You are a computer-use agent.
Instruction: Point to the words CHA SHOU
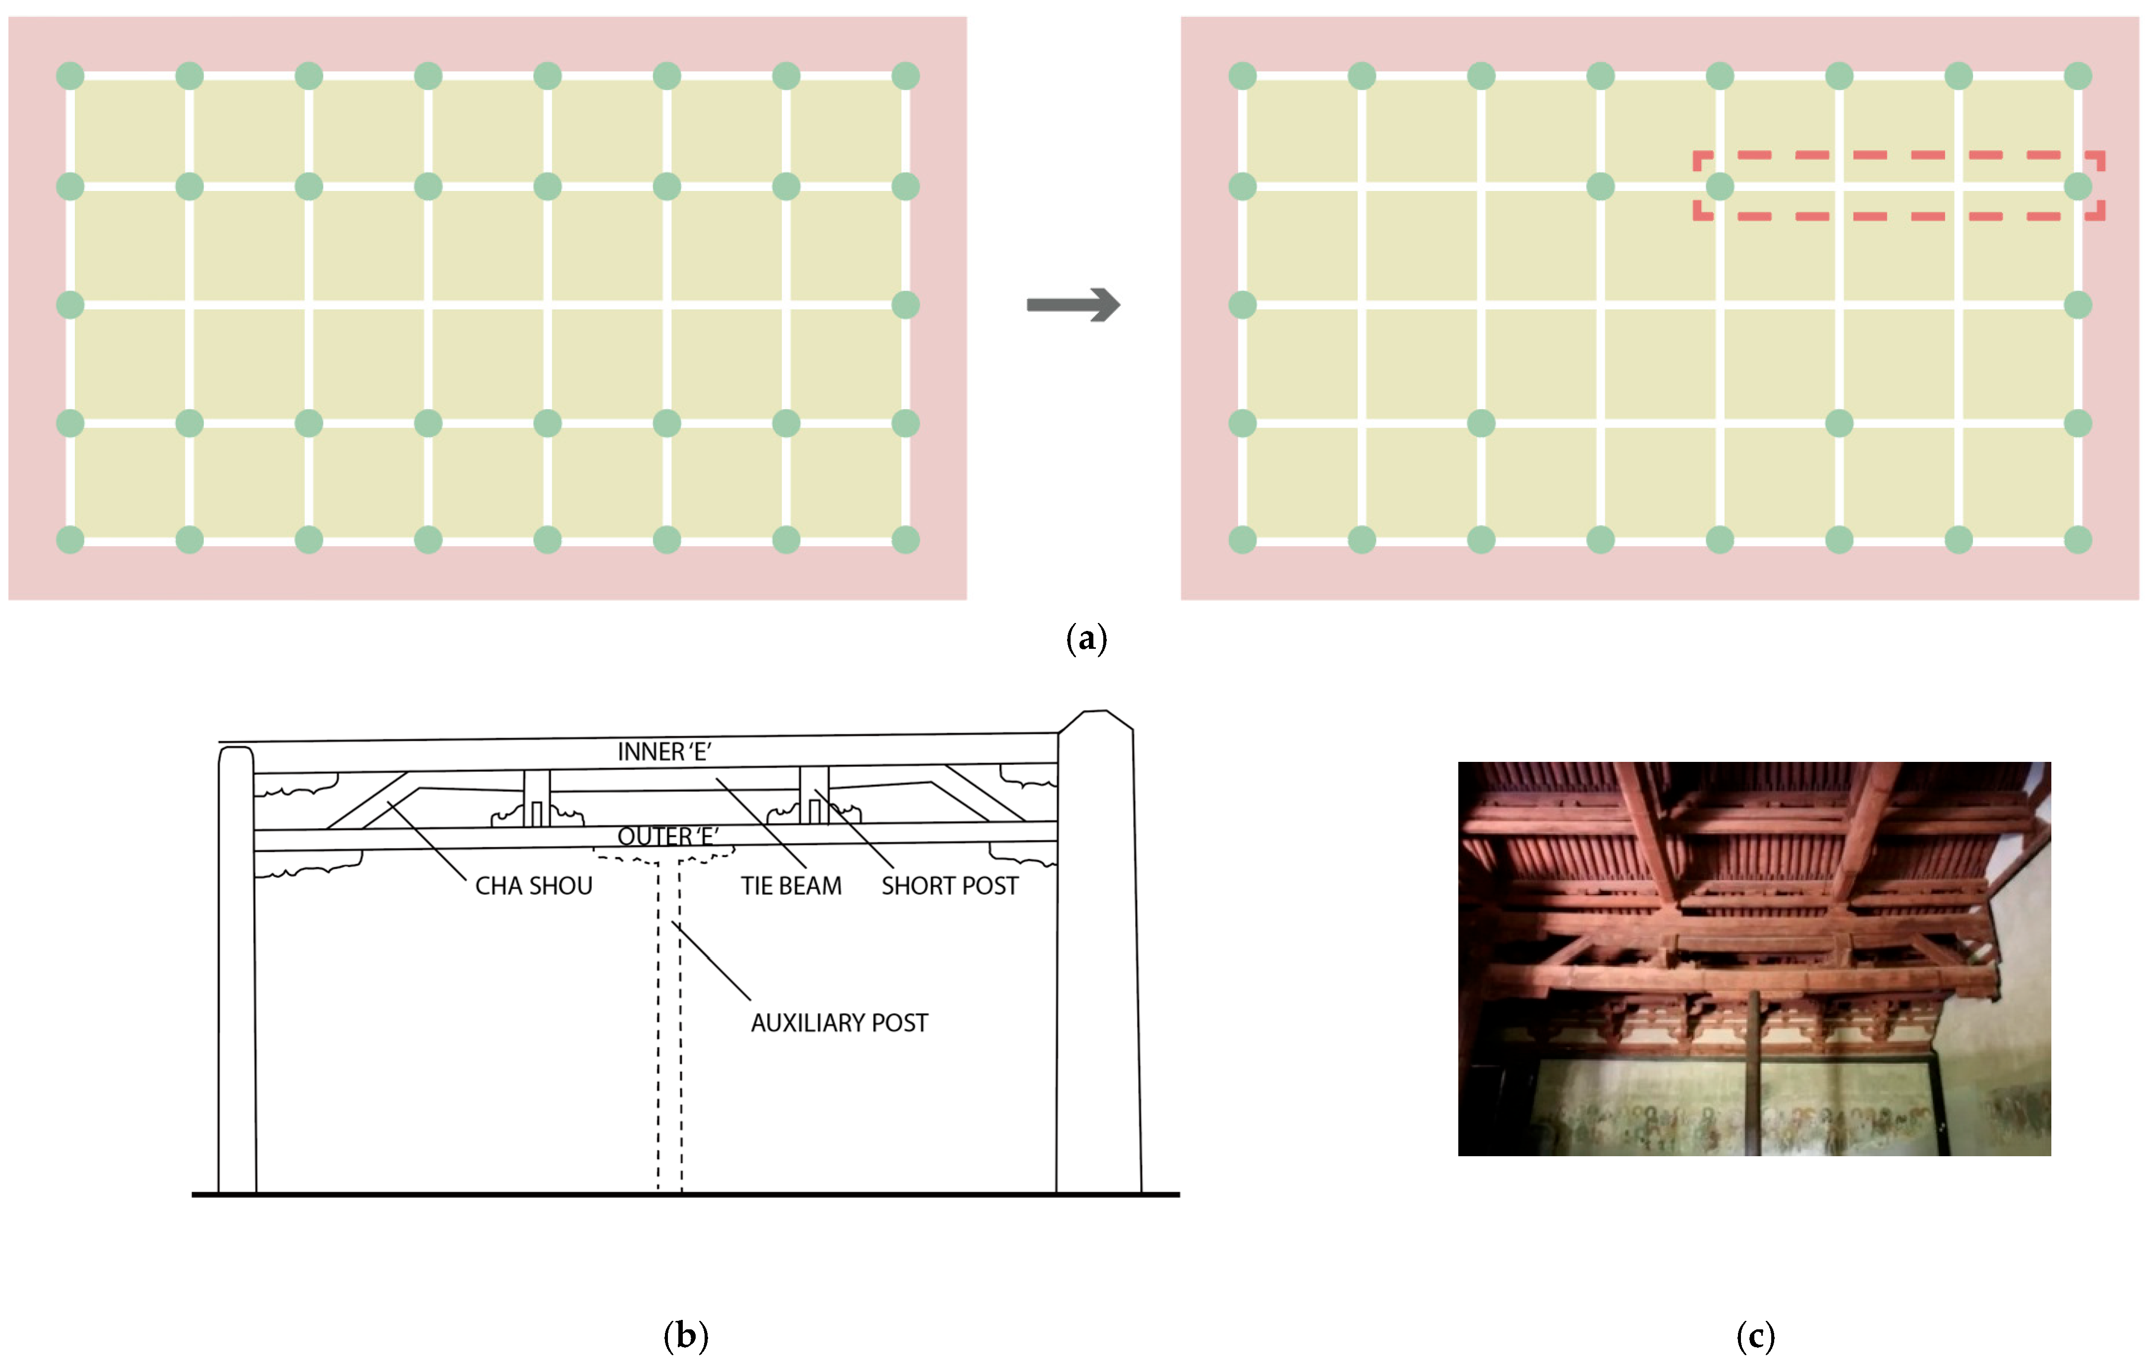(x=533, y=886)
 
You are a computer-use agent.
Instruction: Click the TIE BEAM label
(x=791, y=886)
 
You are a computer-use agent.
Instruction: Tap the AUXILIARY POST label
(x=839, y=1023)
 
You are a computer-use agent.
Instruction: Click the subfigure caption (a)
(x=1086, y=639)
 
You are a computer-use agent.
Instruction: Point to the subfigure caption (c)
(x=1755, y=1336)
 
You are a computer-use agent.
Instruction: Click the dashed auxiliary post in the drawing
(x=669, y=1029)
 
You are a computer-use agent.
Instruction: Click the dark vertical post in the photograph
(x=1753, y=1074)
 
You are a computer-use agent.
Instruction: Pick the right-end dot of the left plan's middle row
(x=905, y=305)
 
